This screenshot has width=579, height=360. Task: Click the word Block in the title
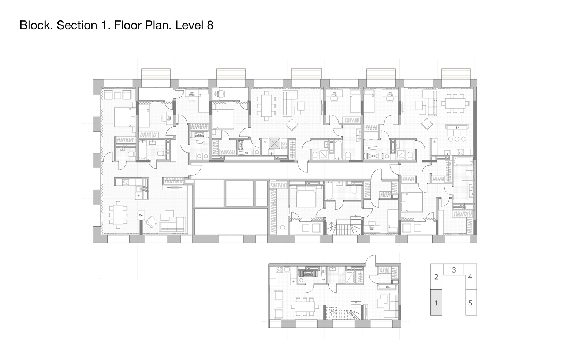36,25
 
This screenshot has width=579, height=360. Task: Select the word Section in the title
77,25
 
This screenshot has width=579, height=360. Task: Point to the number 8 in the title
210,25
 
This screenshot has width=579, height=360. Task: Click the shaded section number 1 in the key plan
436,303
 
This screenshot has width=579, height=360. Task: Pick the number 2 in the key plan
436,277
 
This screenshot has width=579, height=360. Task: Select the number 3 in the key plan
454,270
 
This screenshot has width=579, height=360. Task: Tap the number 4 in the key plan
470,277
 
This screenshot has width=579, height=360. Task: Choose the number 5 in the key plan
470,303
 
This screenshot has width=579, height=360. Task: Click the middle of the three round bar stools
457,139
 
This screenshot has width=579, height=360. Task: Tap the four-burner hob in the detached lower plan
279,270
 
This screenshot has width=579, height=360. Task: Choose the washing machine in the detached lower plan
300,280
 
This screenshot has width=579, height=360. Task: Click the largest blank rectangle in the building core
231,221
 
